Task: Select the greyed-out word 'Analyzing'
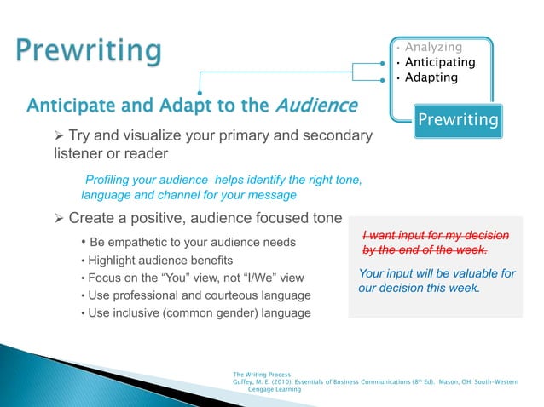tap(433, 47)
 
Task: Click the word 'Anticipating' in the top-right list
tap(440, 62)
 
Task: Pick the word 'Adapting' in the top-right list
tap(431, 77)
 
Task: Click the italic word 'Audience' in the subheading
tap(315, 106)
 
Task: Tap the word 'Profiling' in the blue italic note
tap(112, 179)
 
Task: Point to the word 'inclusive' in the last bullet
tap(138, 312)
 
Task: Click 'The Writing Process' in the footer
tap(261, 375)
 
